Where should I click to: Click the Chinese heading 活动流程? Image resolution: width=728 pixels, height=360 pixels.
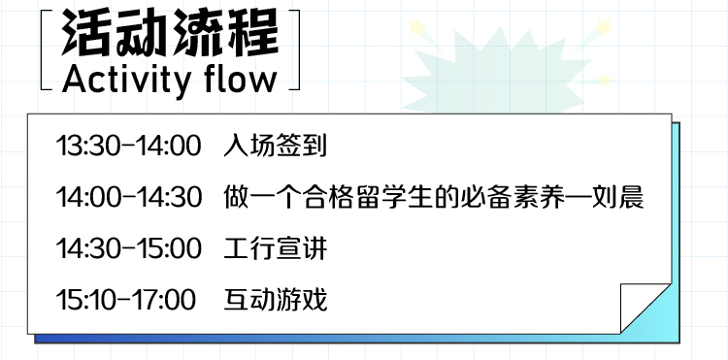171,32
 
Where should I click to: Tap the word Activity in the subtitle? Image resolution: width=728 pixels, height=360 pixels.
126,81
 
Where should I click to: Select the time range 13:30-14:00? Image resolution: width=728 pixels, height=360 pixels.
128,146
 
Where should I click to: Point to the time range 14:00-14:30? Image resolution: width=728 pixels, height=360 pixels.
128,197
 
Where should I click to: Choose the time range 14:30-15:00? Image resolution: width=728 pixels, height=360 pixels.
128,248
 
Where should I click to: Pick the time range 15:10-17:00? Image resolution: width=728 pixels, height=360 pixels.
126,300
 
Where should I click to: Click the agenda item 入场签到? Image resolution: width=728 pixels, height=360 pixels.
276,146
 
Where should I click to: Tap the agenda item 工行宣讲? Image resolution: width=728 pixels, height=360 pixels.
276,248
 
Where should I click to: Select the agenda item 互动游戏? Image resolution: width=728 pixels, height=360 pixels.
276,300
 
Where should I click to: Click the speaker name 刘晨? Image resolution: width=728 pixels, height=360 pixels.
618,197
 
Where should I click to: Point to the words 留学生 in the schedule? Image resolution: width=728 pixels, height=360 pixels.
380,197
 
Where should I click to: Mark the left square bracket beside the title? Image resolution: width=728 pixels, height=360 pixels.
47,49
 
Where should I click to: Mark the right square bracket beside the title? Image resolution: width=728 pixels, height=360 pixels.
294,49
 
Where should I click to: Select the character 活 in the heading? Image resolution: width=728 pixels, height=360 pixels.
88,32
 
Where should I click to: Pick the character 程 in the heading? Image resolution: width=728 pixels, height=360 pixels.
253,32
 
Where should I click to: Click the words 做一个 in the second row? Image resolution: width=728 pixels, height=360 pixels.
262,197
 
